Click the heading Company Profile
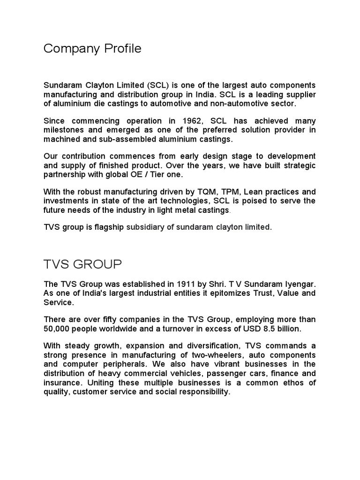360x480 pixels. tap(92, 48)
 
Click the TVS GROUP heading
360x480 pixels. tap(82, 265)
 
